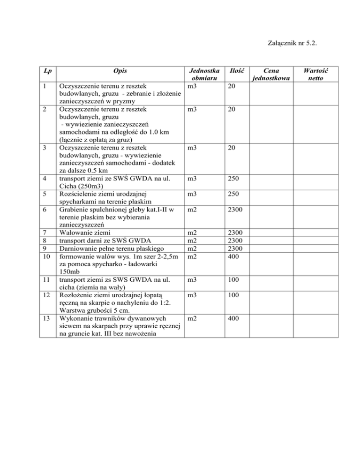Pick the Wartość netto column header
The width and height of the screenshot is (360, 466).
[x=315, y=74]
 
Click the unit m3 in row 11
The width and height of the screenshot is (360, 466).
[x=192, y=279]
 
